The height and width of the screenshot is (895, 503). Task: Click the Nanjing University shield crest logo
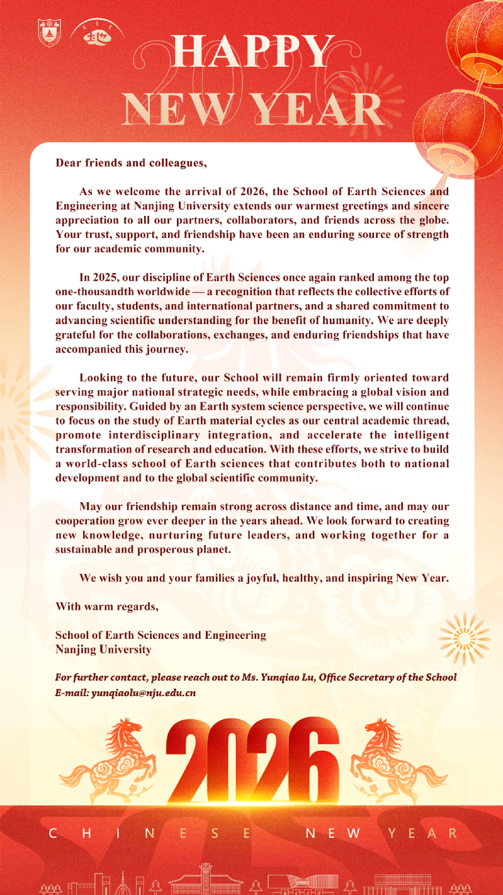tap(50, 33)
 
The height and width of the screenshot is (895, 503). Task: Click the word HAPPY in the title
tap(252, 52)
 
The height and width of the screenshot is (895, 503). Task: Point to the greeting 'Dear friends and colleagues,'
tap(131, 163)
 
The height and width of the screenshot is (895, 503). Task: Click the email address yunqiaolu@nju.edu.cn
tap(144, 692)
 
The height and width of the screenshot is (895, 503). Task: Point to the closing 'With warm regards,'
tap(106, 607)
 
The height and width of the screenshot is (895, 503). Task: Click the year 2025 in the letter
tap(105, 278)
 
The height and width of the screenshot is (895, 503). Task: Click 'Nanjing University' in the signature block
tap(103, 650)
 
